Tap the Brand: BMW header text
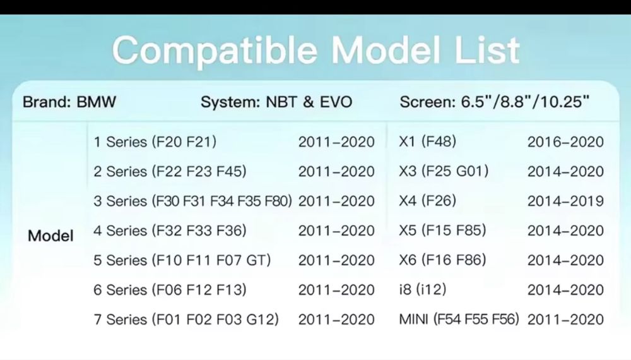point(69,102)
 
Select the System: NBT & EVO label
point(276,102)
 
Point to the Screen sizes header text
point(495,102)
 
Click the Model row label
point(50,236)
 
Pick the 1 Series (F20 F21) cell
point(155,141)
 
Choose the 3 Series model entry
point(192,201)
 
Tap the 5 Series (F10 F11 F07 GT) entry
point(182,260)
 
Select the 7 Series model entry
point(186,320)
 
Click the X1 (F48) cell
point(427,141)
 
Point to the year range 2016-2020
point(565,141)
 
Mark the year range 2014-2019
point(565,201)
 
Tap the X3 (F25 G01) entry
point(444,171)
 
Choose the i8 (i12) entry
point(423,289)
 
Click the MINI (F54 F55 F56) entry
point(459,319)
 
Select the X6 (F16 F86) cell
point(443,260)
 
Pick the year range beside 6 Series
point(336,290)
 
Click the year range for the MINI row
point(565,320)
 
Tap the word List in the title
point(487,51)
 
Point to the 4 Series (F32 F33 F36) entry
point(170,231)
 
